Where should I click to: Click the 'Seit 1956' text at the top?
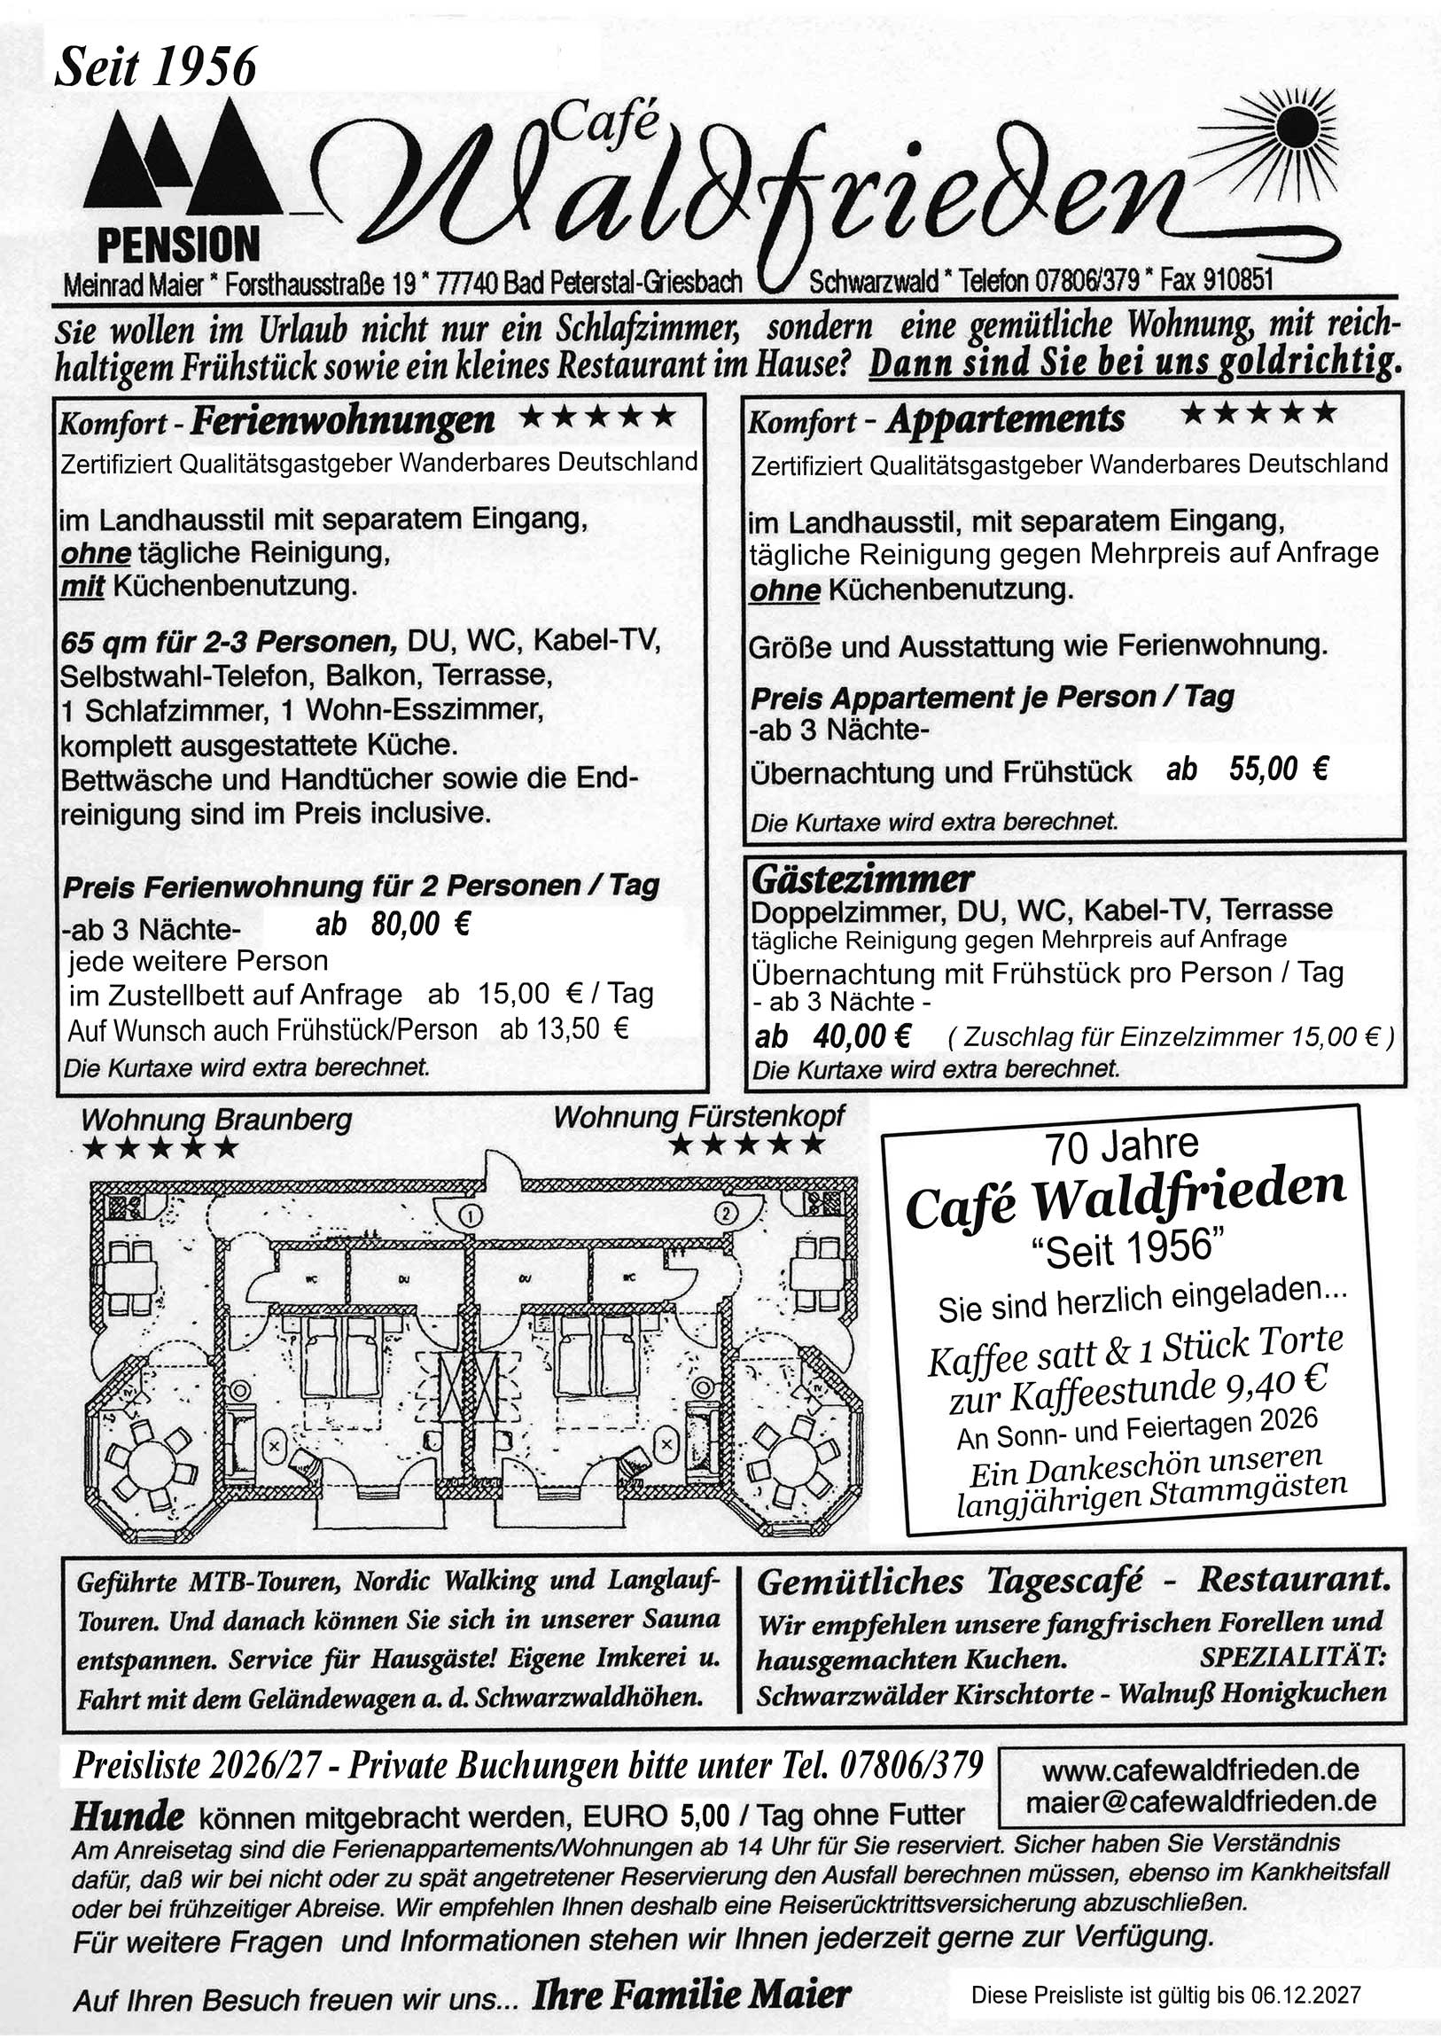pos(155,66)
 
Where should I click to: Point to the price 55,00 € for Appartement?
pos(1278,770)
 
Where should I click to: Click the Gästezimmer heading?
pos(862,880)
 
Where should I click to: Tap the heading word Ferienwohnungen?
pos(343,420)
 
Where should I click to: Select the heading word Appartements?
pos(1005,419)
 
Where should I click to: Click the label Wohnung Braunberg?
pos(216,1120)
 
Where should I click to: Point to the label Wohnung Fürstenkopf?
pos(699,1116)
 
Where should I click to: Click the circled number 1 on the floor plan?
pos(471,1214)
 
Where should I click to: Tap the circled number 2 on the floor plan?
pos(727,1214)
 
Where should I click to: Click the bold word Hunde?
pos(129,1817)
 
